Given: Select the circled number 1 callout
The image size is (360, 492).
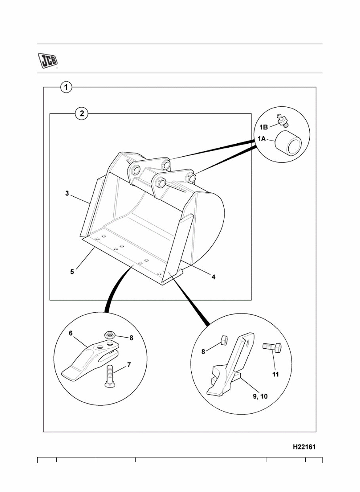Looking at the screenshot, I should pyautogui.click(x=66, y=87).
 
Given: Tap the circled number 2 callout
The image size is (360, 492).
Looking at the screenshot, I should pyautogui.click(x=82, y=114).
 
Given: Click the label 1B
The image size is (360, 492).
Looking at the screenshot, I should pyautogui.click(x=264, y=127).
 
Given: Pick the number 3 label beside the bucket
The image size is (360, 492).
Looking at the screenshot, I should pyautogui.click(x=67, y=194).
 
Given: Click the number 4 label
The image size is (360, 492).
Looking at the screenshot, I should pyautogui.click(x=213, y=277).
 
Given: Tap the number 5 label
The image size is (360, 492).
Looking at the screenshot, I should pyautogui.click(x=72, y=272).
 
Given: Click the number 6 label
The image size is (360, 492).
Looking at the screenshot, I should pyautogui.click(x=70, y=333).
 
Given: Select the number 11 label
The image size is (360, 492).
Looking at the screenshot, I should pyautogui.click(x=276, y=374).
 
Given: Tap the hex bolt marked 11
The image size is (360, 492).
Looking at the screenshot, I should pyautogui.click(x=272, y=348).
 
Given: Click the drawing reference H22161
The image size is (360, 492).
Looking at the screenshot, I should pyautogui.click(x=304, y=446).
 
